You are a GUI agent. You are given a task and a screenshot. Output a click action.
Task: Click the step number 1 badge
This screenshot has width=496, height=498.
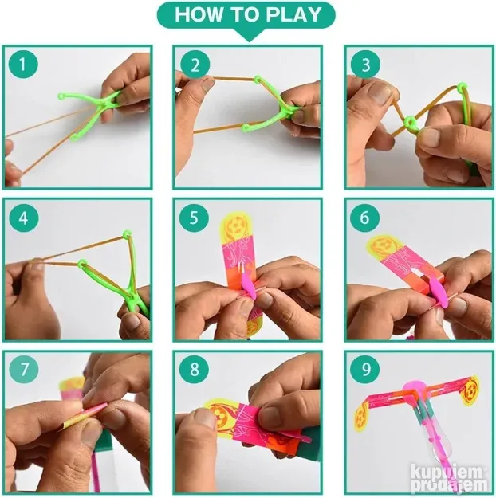click(23, 65)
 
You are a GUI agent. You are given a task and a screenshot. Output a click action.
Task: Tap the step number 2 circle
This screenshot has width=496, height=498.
click(195, 65)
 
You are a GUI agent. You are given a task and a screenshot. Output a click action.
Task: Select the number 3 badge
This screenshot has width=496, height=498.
click(366, 65)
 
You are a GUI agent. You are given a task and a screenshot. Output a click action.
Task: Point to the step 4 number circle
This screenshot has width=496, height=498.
click(23, 218)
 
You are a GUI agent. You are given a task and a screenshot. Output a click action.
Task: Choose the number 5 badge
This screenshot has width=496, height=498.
click(195, 218)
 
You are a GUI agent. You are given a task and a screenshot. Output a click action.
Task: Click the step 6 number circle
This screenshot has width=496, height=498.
click(365, 218)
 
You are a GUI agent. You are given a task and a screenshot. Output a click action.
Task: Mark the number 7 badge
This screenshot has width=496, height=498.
click(24, 370)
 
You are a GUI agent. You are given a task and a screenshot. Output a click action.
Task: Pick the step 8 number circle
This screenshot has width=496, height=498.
click(195, 370)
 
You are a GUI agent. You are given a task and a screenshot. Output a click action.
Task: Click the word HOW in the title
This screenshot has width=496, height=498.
click(198, 14)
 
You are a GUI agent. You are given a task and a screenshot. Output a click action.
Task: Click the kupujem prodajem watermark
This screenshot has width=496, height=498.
click(449, 480)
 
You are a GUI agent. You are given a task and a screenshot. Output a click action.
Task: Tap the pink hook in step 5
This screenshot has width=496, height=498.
click(250, 284)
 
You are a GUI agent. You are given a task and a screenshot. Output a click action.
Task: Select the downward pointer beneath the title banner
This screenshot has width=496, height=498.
click(250, 36)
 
